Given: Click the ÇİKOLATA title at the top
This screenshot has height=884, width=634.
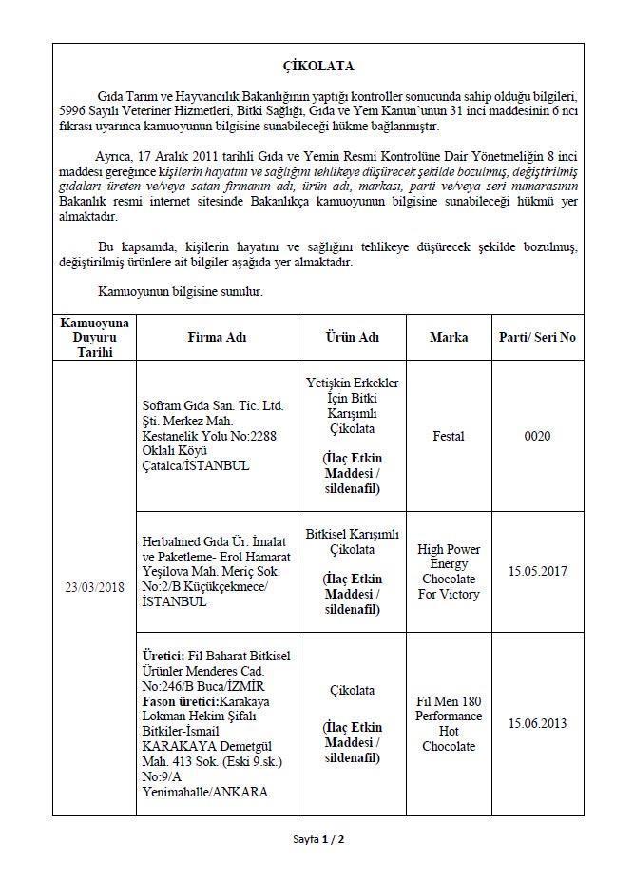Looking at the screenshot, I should [x=318, y=66].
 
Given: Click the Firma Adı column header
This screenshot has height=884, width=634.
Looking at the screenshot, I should [x=219, y=337].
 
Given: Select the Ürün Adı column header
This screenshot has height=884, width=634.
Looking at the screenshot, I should [x=352, y=337].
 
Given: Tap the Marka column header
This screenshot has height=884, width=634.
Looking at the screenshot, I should [x=449, y=337].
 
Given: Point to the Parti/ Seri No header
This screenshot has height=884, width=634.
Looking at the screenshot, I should [x=538, y=337].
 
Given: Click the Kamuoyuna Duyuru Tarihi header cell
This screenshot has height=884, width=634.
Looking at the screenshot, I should [x=94, y=337].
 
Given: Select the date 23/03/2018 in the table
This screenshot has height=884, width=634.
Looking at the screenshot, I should [x=94, y=586].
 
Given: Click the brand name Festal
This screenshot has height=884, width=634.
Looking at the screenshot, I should [x=449, y=436].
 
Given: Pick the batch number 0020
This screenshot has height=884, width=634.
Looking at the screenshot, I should [x=538, y=436].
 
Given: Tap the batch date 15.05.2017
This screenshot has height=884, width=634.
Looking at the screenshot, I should [x=538, y=572].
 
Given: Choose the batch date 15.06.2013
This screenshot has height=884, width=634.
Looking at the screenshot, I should [x=538, y=723].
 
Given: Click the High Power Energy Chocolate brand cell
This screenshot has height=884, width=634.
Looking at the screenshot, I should [x=449, y=572].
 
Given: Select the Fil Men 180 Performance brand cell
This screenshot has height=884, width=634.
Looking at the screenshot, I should [x=449, y=723].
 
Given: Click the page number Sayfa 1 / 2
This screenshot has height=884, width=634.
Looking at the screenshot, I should [x=318, y=839].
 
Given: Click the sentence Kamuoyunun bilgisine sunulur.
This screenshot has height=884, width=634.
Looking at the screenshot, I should [x=181, y=291].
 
